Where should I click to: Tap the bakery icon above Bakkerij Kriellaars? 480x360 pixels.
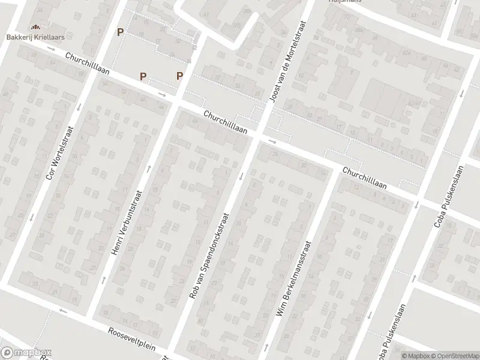(x=35, y=26)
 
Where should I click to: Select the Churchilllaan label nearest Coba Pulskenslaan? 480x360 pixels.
(x=364, y=179)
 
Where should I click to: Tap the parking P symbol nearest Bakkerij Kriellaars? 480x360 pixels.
(x=121, y=32)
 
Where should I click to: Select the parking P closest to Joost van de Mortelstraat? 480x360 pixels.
(x=179, y=76)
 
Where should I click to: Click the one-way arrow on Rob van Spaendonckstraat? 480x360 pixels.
(x=241, y=176)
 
